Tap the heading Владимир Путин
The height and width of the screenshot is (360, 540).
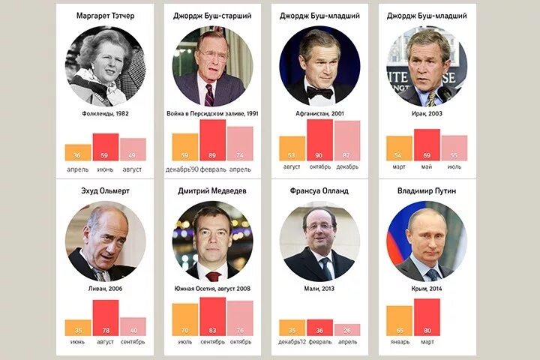pos(426,190)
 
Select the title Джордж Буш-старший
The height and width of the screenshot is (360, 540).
pos(211,15)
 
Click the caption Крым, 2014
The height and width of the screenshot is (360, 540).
pos(426,288)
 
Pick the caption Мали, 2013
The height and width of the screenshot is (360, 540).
pos(319,288)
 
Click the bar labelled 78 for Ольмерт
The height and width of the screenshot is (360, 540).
pos(105,316)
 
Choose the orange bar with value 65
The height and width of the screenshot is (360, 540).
pos(399,320)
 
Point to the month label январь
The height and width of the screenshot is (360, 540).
pos(399,342)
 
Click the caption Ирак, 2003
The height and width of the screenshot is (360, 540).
pos(426,113)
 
